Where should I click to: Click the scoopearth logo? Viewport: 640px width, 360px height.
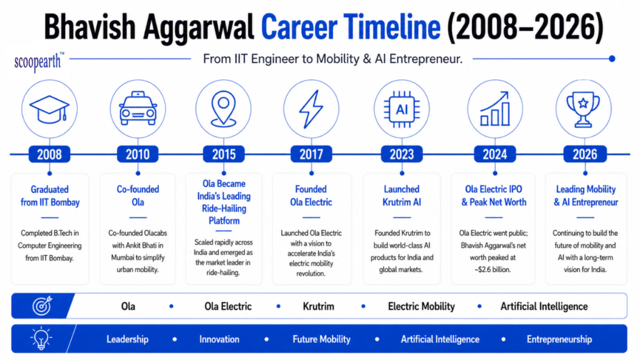coord(39,62)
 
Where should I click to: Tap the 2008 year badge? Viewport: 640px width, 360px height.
coord(49,154)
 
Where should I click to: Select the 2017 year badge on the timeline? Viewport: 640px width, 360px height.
coord(311,154)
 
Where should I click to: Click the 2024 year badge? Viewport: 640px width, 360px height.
coord(495,154)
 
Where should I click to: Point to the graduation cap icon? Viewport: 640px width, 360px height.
coord(49,109)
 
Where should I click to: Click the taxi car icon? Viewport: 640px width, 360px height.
coord(138,108)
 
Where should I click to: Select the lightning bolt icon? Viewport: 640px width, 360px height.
coord(311,109)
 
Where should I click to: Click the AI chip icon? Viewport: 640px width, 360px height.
coord(402,109)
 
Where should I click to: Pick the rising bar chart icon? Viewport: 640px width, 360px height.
coord(495,109)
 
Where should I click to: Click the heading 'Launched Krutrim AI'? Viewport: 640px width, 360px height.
coord(401,196)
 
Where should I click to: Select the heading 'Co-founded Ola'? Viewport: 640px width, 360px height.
coord(138,196)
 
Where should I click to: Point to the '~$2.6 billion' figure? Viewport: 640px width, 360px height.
coord(492,269)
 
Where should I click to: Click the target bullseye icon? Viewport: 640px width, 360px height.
coord(42,305)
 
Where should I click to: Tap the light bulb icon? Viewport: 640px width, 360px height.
coord(41,338)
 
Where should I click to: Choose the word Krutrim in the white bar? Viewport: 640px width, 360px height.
coord(318,306)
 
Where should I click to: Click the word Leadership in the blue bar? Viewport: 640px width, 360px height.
coord(127,339)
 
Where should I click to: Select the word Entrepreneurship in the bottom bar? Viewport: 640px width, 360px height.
coord(559,339)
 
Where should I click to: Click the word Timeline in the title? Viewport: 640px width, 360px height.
coord(392,27)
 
